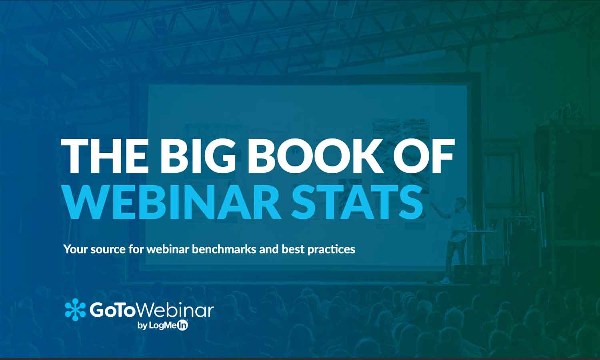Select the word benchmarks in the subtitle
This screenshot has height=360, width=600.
click(224, 249)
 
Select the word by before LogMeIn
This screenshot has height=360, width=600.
click(142, 326)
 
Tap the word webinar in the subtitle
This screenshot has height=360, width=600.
click(168, 249)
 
